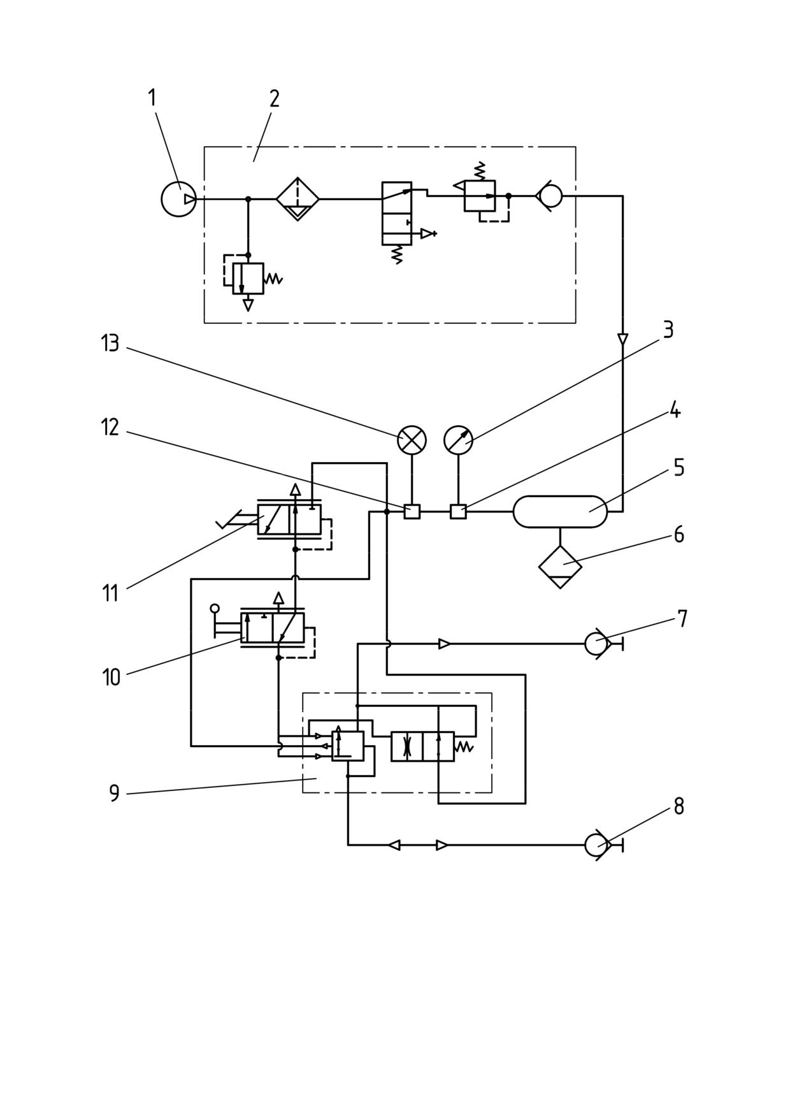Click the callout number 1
click(x=152, y=98)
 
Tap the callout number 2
click(x=275, y=98)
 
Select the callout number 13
click(x=110, y=344)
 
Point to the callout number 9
click(x=115, y=794)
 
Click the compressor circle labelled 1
click(x=179, y=199)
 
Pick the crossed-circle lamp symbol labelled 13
click(x=412, y=440)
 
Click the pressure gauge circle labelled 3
click(x=458, y=440)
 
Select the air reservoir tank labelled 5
click(x=560, y=512)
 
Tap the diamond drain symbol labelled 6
click(x=560, y=567)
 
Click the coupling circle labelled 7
click(x=596, y=644)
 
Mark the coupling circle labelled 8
click(x=596, y=845)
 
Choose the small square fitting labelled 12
click(x=412, y=511)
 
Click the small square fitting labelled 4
click(x=458, y=511)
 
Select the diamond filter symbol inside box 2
click(x=298, y=199)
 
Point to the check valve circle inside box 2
click(x=550, y=196)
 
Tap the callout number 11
click(x=110, y=593)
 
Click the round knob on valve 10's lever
click(x=215, y=608)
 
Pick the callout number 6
click(x=679, y=534)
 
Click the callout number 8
click(x=679, y=806)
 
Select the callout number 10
click(x=111, y=677)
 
